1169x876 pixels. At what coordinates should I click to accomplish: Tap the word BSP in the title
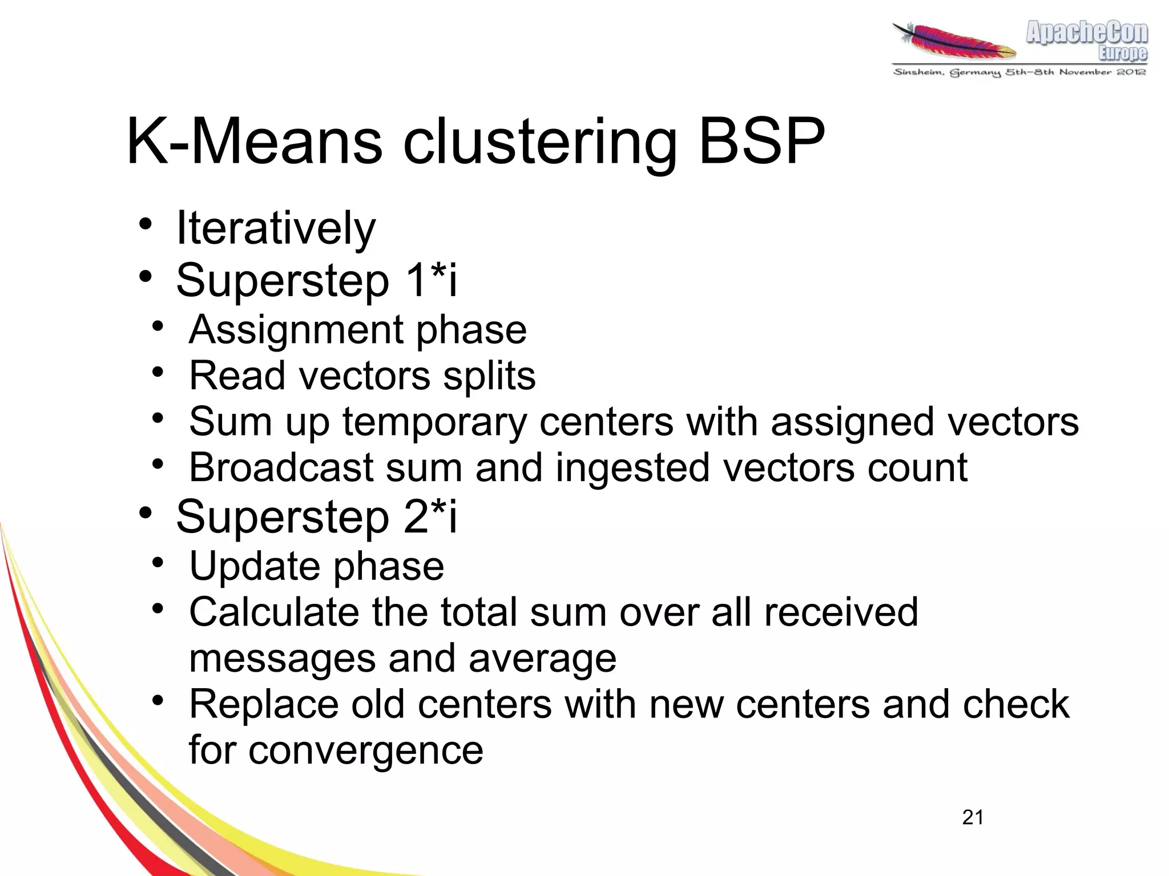tap(761, 141)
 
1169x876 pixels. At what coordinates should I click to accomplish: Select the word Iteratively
tap(276, 228)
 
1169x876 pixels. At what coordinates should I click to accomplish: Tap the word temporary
tap(434, 423)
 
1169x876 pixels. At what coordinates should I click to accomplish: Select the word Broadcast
tap(281, 467)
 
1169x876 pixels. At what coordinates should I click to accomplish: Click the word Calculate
tap(274, 612)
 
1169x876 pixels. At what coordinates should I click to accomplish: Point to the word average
tap(542, 660)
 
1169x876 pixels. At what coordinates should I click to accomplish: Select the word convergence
tap(365, 750)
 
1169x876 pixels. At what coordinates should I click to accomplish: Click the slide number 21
tap(973, 817)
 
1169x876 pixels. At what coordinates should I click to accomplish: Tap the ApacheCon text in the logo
tap(1086, 33)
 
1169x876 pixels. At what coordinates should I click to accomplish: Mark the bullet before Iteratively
tap(146, 224)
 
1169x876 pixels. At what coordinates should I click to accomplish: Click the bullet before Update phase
tap(158, 563)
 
